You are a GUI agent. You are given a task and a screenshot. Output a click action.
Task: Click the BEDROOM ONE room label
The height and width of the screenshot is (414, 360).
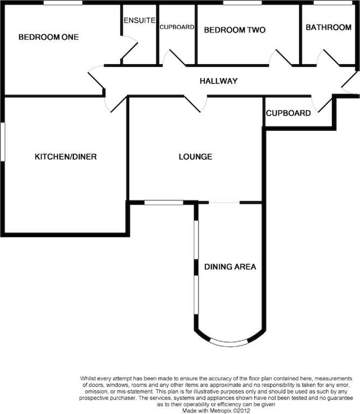coord(49,37)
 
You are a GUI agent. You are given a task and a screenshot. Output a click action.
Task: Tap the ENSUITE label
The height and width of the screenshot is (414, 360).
coord(140,20)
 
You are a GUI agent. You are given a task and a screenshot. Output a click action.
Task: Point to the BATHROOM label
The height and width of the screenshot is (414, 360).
coord(328,27)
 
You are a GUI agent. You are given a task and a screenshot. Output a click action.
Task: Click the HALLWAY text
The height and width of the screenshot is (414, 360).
coord(218,81)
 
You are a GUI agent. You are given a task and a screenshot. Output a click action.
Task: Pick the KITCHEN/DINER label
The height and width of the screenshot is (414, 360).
coord(66,157)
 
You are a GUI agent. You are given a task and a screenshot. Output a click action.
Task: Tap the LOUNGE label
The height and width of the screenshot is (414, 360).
coord(195,157)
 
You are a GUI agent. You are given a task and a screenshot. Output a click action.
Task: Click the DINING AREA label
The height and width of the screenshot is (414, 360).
coord(230,267)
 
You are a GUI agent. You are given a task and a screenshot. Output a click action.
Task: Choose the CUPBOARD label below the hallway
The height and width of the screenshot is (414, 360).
coord(288,114)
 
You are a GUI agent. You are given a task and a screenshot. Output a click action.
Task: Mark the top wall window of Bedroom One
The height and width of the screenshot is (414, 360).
coord(63,3)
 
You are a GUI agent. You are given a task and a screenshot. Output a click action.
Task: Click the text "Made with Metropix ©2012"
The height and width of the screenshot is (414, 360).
coord(221,410)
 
